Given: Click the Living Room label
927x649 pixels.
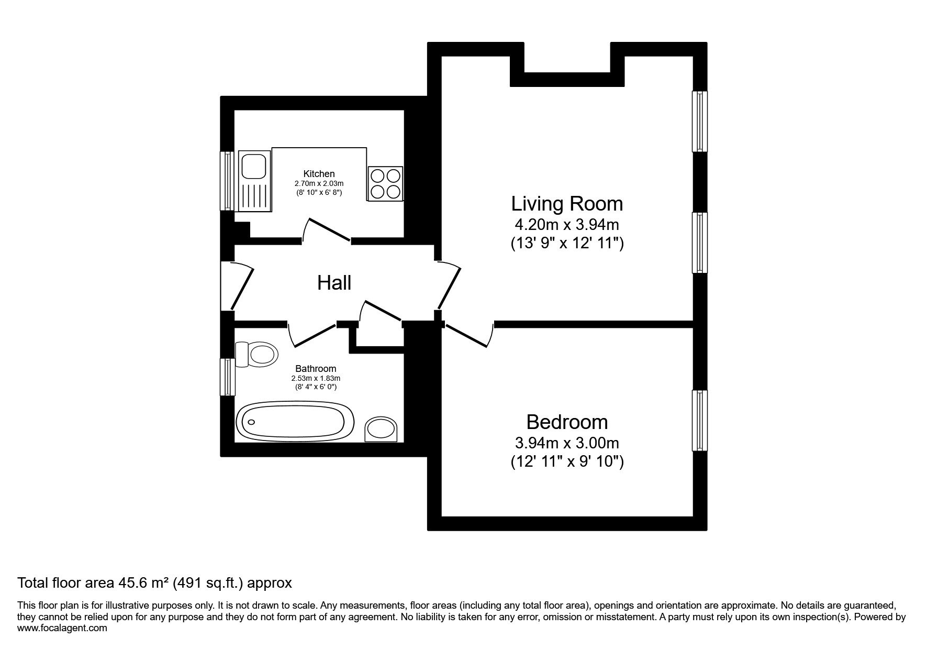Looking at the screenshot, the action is click(x=567, y=203).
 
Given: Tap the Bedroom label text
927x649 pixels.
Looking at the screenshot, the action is click(x=567, y=421).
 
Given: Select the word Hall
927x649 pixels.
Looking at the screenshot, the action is click(x=334, y=283).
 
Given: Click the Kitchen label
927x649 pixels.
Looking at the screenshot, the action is click(x=319, y=174).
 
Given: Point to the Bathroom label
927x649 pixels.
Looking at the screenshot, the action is click(x=316, y=369).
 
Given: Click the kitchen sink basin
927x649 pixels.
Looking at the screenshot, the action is click(x=254, y=167).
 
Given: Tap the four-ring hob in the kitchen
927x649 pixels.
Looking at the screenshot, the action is click(x=386, y=183).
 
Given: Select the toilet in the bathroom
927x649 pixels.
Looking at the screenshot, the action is click(x=252, y=355).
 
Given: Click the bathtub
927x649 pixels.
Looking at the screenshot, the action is click(x=296, y=422).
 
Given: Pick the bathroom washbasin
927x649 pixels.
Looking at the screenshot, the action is click(x=382, y=429).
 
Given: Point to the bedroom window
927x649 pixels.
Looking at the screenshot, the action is click(x=700, y=420).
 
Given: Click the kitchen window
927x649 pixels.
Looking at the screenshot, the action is click(x=227, y=181).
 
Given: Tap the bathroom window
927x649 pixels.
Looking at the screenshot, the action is click(x=227, y=377).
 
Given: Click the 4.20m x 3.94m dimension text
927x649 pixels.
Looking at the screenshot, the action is click(x=567, y=225).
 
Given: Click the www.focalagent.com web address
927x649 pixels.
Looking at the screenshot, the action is click(x=62, y=628).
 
